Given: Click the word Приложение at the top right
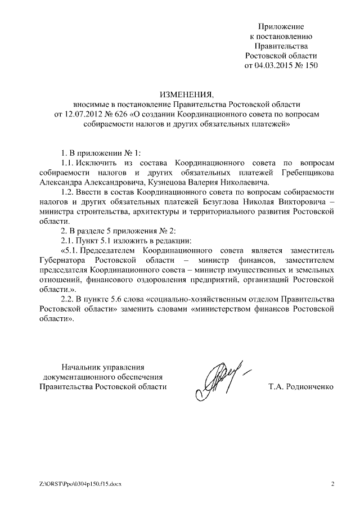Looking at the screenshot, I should click(281, 26).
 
